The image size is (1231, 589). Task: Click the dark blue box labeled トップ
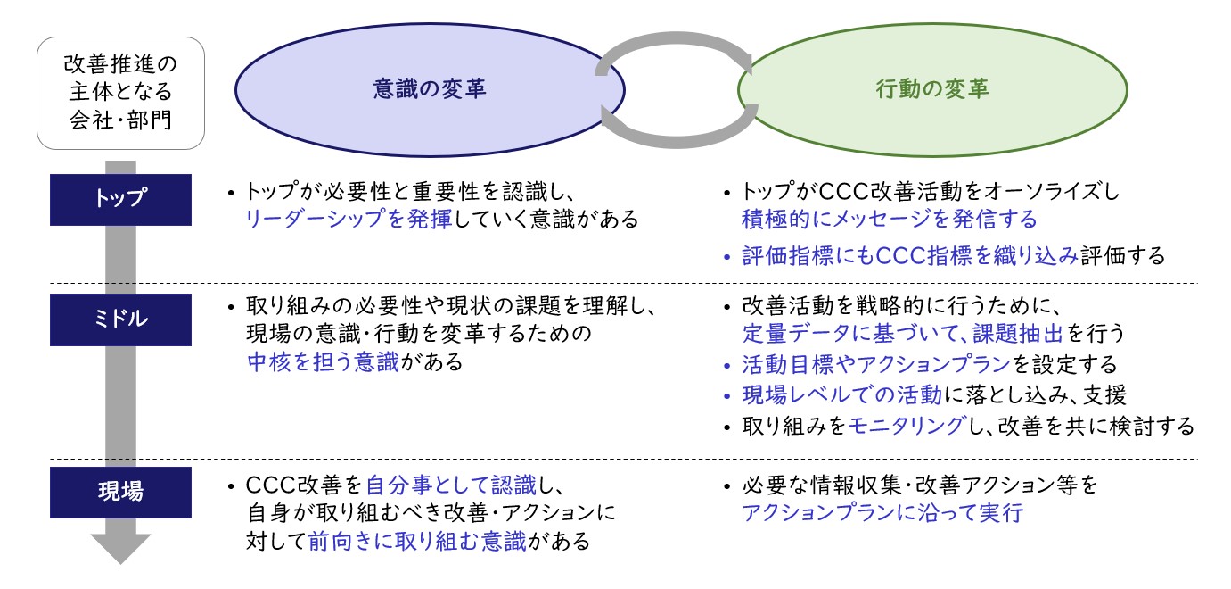(x=120, y=200)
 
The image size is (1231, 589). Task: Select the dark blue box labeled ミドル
(x=120, y=320)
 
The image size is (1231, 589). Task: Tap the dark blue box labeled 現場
(x=120, y=493)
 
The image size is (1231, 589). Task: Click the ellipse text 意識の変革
(x=430, y=89)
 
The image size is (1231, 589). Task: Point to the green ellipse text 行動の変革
(x=932, y=89)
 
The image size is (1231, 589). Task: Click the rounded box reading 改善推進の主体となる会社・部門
(x=120, y=93)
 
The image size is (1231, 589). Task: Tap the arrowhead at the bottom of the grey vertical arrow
(x=120, y=548)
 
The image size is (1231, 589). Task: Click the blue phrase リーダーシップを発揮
(x=349, y=219)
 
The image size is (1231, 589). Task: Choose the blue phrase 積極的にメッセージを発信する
(x=890, y=219)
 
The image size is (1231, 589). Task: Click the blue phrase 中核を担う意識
(x=323, y=361)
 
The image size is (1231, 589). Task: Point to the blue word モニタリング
(x=906, y=426)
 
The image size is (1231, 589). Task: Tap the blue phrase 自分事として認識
(x=451, y=485)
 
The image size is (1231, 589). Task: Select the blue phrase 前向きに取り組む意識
(x=416, y=541)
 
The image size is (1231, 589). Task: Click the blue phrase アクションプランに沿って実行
(x=882, y=512)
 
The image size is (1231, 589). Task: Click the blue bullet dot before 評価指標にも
(x=727, y=257)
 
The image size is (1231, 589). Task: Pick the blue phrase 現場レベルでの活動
(x=842, y=394)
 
